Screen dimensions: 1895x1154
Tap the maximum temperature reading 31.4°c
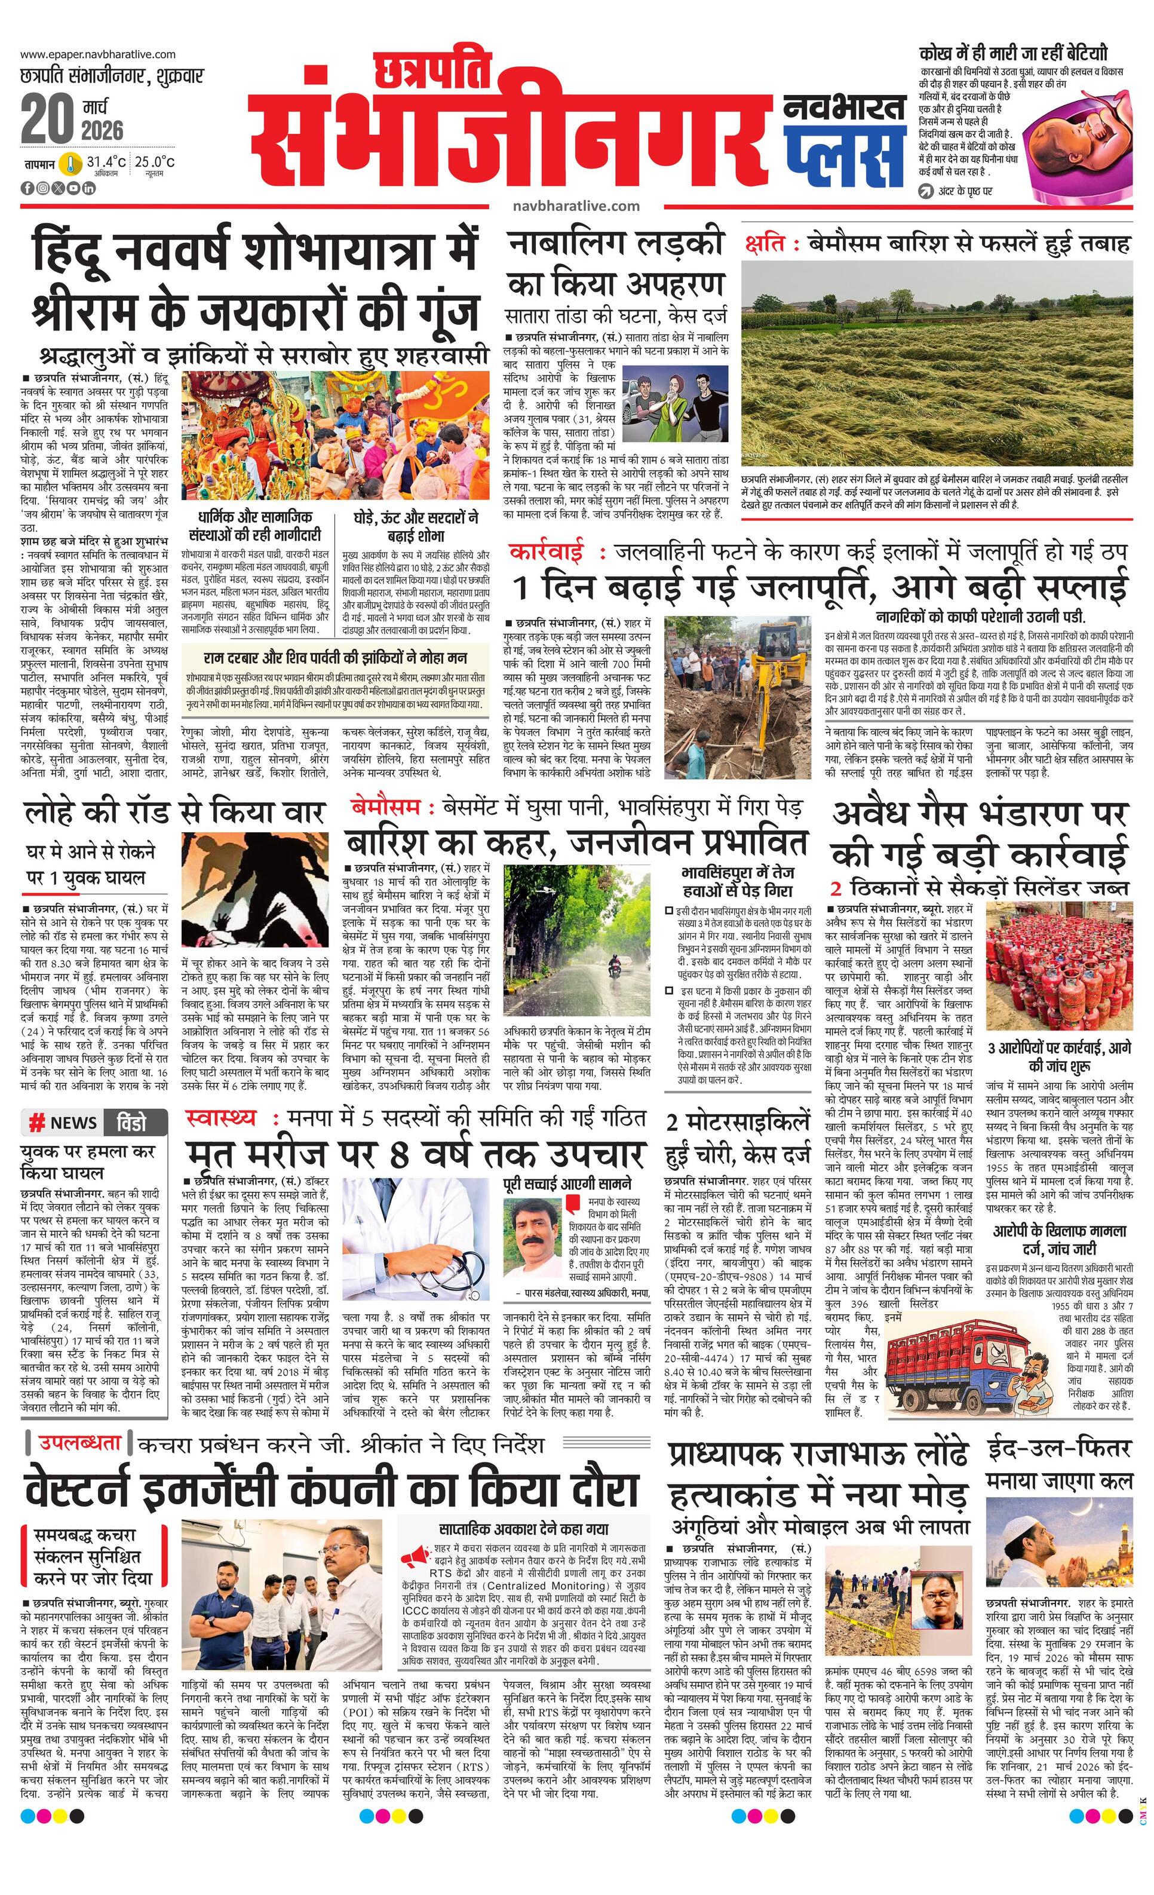click(x=105, y=162)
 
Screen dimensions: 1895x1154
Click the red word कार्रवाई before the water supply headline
click(x=545, y=552)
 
